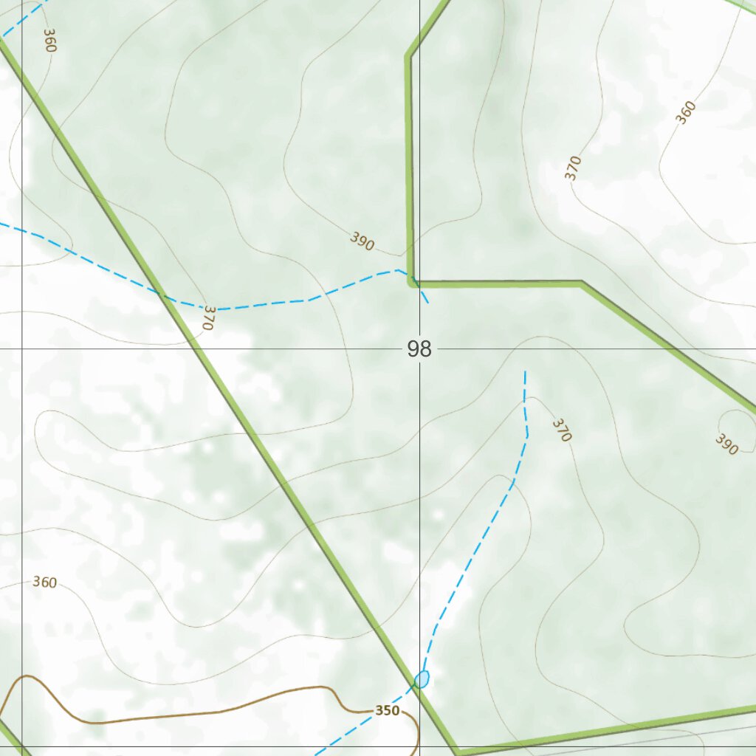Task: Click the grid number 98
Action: pos(419,348)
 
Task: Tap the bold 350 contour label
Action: pos(387,711)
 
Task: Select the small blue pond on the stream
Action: pos(422,678)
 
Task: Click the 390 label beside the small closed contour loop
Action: pos(726,444)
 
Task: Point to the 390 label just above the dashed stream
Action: pos(362,241)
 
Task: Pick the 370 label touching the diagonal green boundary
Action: pos(207,317)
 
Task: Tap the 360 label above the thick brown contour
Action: pos(44,583)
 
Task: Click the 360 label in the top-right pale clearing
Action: pos(686,113)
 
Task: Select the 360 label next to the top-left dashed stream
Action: pos(49,40)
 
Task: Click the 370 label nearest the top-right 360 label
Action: pos(573,168)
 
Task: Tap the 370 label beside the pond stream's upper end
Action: pos(562,430)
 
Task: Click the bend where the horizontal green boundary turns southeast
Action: pos(582,282)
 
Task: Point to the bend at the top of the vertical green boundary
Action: pos(408,55)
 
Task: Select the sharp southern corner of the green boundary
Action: pos(458,752)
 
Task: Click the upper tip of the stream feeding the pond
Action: pos(525,372)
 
